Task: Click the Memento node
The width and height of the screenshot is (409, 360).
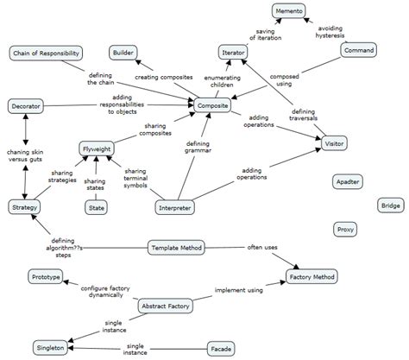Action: click(x=288, y=11)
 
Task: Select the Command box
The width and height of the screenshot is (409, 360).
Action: click(x=358, y=51)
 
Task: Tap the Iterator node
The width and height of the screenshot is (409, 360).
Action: click(x=233, y=53)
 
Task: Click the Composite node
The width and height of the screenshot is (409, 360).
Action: click(x=212, y=105)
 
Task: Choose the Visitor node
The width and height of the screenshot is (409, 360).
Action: click(x=334, y=141)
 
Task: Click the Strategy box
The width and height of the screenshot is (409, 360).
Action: click(x=22, y=207)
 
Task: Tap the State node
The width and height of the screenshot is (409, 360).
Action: click(x=97, y=207)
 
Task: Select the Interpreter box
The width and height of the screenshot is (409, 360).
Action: click(x=175, y=208)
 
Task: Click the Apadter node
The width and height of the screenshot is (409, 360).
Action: click(x=349, y=182)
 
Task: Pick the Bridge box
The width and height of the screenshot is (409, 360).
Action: click(x=391, y=205)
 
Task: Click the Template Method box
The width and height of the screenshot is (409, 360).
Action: click(x=176, y=249)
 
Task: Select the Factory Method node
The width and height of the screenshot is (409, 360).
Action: click(x=311, y=277)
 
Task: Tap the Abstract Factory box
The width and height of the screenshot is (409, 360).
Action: click(x=165, y=306)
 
